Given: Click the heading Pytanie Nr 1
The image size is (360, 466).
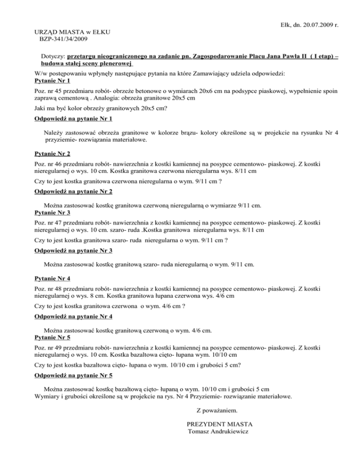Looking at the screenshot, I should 52,81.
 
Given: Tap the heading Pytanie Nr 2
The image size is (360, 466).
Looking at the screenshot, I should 52,154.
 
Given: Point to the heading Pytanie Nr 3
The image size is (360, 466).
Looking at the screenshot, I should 52,212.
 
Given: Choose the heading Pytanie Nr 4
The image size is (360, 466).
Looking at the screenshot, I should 52,278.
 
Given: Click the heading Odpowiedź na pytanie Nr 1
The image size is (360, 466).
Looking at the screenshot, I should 74,119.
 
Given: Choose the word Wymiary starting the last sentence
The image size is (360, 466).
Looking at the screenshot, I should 49,396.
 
